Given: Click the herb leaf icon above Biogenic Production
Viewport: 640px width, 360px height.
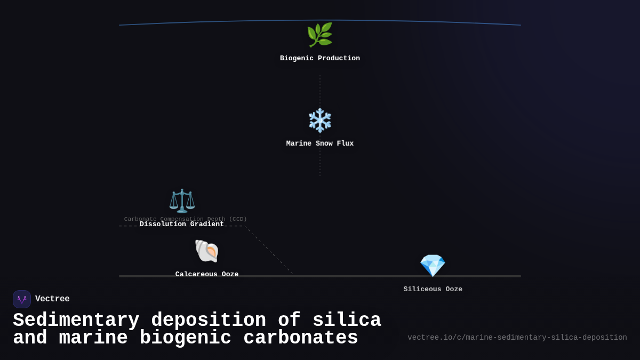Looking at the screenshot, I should [x=319, y=35].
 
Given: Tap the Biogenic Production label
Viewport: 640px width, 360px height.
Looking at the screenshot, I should [x=320, y=59].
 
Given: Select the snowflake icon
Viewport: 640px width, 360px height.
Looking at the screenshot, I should [x=320, y=121].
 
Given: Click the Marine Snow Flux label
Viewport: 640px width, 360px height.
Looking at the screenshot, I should [x=320, y=143].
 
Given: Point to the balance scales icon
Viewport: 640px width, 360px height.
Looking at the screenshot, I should [x=182, y=201].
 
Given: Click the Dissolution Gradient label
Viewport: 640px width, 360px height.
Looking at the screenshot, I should [x=182, y=225].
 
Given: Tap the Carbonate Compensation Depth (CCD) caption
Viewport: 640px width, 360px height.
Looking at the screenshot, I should [x=186, y=219].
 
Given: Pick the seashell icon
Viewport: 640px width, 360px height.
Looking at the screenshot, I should [x=206, y=251].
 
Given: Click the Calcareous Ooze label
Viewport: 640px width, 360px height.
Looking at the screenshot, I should [x=207, y=274].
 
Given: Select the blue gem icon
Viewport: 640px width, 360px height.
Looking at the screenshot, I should [x=433, y=266].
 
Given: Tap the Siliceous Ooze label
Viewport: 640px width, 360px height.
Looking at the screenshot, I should [x=433, y=289].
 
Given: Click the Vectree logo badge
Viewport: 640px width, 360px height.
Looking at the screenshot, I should [x=22, y=299].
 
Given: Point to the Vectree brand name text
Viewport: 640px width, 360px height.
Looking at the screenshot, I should [x=52, y=299].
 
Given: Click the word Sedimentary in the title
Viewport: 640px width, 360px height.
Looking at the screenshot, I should [x=76, y=321].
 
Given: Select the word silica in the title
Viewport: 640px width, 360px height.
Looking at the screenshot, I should [x=347, y=321].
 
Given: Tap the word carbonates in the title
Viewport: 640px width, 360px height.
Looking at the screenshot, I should [x=301, y=338].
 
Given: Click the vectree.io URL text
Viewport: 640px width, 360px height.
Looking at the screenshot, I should [x=517, y=338].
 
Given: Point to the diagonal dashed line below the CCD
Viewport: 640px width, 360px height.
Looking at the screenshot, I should [x=268, y=250].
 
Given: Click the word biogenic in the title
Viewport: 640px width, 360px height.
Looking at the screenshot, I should [x=186, y=338].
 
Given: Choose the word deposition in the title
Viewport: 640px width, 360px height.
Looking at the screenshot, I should [x=209, y=321].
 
